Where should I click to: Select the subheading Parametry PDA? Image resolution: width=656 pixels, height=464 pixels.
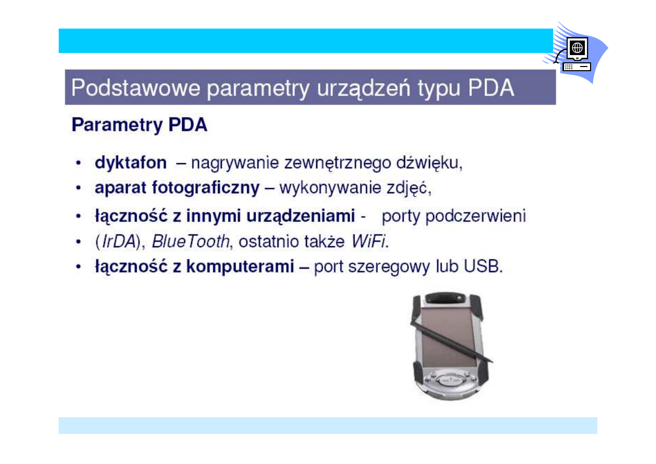pos(139,125)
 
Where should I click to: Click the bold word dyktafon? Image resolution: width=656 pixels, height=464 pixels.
pos(130,163)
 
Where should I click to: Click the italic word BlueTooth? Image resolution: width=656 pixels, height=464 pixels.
pos(190,241)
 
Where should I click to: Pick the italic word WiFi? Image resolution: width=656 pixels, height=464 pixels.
pos(369,241)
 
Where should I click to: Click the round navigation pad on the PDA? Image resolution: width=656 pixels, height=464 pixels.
pos(447,379)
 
